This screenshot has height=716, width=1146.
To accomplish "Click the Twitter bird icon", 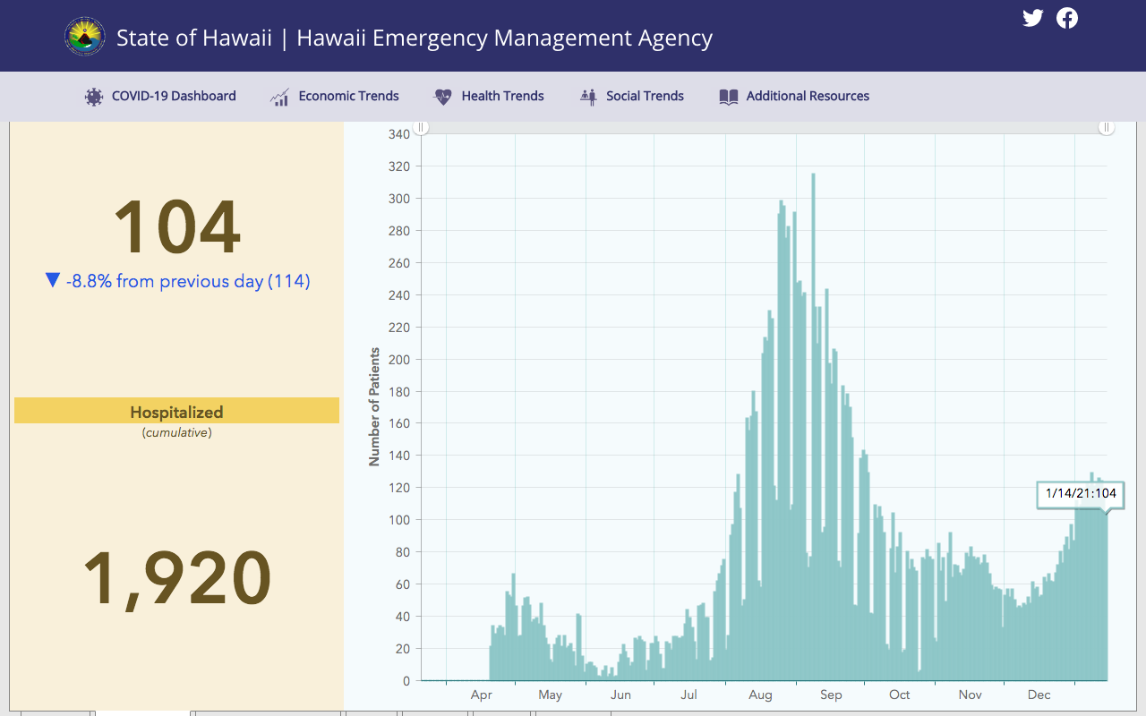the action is pos(1032,18).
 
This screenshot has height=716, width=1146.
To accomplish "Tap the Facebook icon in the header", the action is pos(1066,18).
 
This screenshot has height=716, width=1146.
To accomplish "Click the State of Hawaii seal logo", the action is pos(85,37).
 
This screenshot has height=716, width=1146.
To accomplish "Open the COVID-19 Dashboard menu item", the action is pos(160,96).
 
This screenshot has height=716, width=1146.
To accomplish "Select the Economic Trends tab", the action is pos(335,96).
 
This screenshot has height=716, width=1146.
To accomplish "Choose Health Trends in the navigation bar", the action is pos(489,96).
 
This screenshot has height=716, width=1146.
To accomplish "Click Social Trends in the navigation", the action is pos(632,96).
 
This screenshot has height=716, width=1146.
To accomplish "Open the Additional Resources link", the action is pos(794,96).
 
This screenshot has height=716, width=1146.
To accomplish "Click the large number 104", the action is pos(177,226).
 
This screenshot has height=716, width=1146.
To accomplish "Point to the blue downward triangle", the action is pos(53,279).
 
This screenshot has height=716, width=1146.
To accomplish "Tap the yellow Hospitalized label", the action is pos(176,411).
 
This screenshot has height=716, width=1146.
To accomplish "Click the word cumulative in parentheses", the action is pos(177,432).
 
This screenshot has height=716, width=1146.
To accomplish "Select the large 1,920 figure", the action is pos(177,578).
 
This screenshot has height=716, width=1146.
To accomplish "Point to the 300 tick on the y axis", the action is pos(399,199).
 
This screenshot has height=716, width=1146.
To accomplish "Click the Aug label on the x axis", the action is pos(760,695).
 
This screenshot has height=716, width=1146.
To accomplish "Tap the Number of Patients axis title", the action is pos(374,407).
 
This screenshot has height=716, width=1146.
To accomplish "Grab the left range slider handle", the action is pos(421,127).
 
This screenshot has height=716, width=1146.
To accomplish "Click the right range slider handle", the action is pos(1106,127).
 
